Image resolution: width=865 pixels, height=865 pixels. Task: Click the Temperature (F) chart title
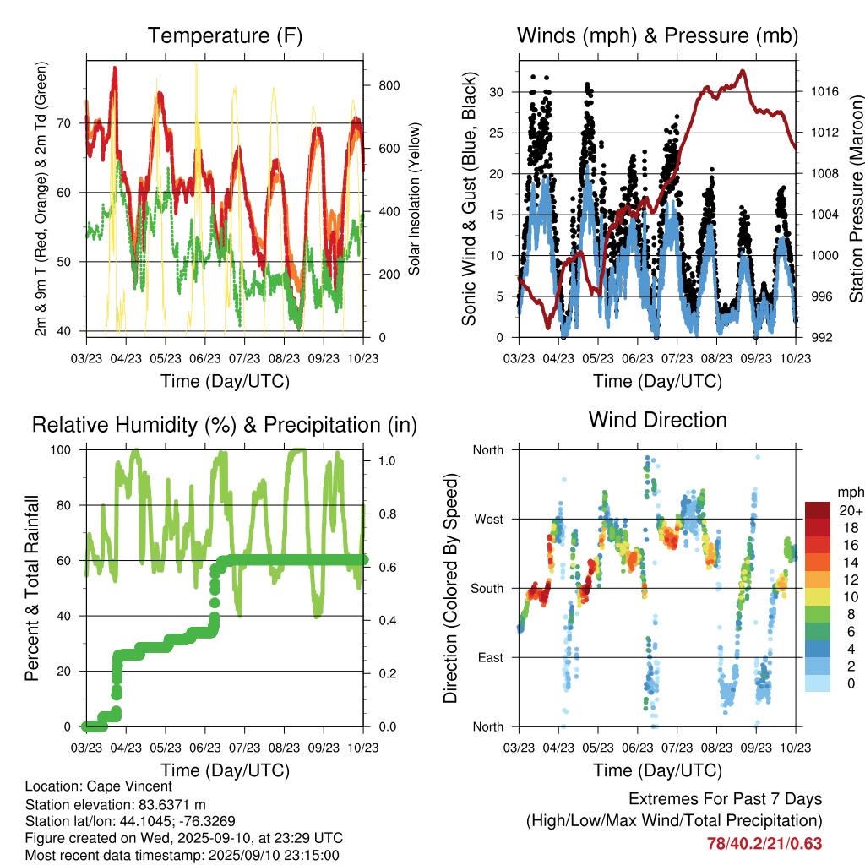(225, 36)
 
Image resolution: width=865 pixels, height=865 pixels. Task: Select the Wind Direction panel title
(657, 420)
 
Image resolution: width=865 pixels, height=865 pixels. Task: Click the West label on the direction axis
(487, 520)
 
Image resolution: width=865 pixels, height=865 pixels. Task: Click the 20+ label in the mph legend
(851, 510)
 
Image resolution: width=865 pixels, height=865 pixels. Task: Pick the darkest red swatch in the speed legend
(818, 510)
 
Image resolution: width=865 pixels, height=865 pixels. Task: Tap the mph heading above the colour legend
(847, 492)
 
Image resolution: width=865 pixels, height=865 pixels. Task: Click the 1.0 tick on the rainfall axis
(384, 461)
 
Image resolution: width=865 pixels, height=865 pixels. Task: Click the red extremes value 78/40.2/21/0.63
(764, 843)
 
